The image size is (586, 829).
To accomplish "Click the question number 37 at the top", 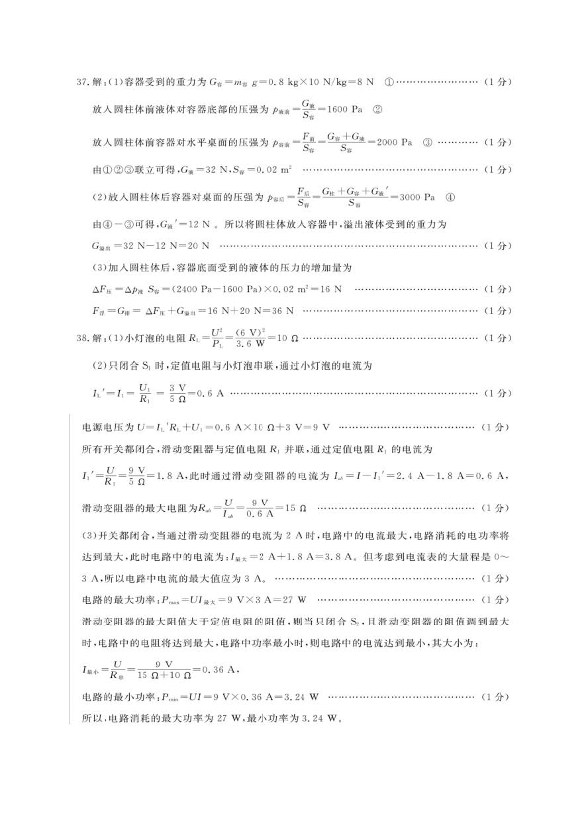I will [x=82, y=81].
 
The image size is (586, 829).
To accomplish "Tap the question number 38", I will [x=82, y=338].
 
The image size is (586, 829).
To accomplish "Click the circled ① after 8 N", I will [x=388, y=81].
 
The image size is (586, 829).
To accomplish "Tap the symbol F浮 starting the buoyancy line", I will [x=99, y=311].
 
